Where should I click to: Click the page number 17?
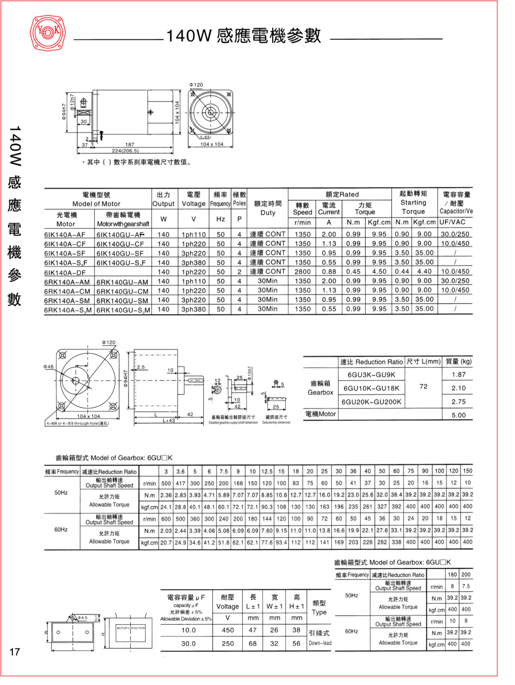click(x=14, y=652)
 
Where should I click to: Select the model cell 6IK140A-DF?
click(x=65, y=272)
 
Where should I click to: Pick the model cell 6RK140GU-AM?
click(x=122, y=282)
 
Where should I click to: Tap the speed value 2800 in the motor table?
click(x=303, y=271)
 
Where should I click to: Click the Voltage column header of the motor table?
click(x=193, y=199)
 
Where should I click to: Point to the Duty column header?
click(x=268, y=208)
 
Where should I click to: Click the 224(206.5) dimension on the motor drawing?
click(x=125, y=151)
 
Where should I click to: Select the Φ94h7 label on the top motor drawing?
click(x=64, y=111)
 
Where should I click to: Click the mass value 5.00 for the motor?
click(x=458, y=415)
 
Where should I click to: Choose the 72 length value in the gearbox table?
click(x=423, y=386)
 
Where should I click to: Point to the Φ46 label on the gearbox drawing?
click(x=48, y=367)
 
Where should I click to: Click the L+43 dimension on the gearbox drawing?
click(x=169, y=421)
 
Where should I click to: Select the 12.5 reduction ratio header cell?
click(x=267, y=471)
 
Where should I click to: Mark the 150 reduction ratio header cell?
click(x=467, y=471)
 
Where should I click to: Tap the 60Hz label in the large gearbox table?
click(x=61, y=529)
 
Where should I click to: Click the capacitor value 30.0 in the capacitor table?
click(x=188, y=643)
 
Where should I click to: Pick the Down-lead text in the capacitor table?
click(x=320, y=643)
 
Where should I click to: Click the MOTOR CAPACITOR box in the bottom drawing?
click(x=131, y=628)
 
